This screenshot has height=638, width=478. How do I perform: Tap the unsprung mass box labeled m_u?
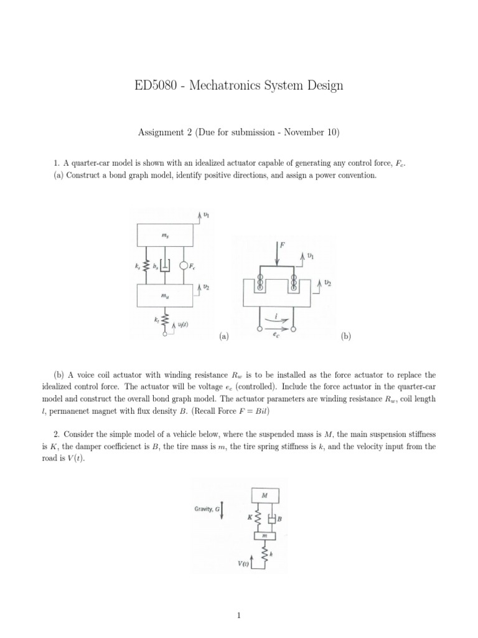(165, 297)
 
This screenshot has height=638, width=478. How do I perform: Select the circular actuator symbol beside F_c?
(183, 266)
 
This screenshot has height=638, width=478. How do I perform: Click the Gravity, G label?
(207, 509)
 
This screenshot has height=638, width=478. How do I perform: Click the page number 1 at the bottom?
(239, 616)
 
